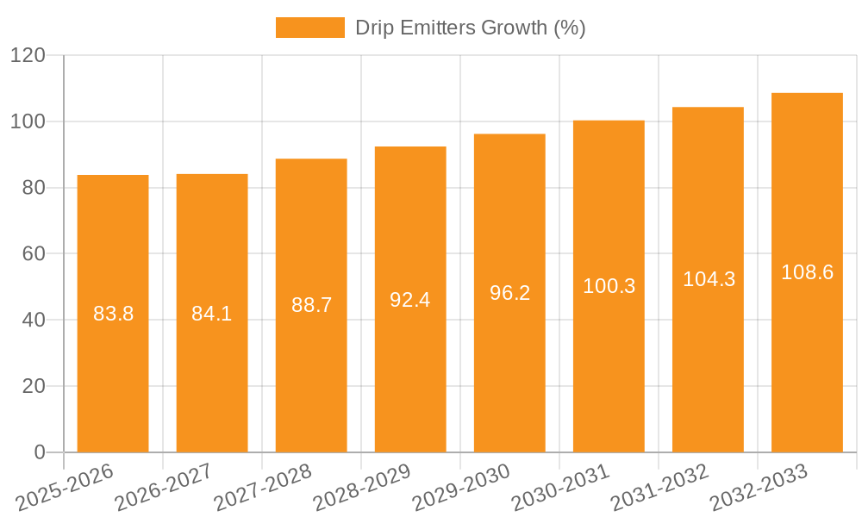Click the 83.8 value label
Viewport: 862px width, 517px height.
click(113, 314)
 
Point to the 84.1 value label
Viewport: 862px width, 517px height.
click(212, 314)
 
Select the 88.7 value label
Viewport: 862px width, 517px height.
click(311, 305)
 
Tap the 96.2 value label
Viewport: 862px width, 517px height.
click(509, 293)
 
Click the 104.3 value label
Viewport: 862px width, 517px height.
click(709, 279)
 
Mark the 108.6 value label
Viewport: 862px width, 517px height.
click(807, 272)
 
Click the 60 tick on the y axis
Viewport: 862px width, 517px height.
click(34, 254)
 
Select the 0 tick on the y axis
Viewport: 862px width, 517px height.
click(40, 452)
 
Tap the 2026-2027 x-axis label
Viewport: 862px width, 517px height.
click(164, 488)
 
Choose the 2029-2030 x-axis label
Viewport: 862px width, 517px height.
click(461, 488)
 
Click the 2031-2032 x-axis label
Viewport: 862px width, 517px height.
click(659, 488)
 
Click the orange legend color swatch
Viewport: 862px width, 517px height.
click(309, 28)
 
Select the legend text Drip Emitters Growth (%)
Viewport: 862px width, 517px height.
click(471, 28)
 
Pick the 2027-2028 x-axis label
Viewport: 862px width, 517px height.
click(263, 488)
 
